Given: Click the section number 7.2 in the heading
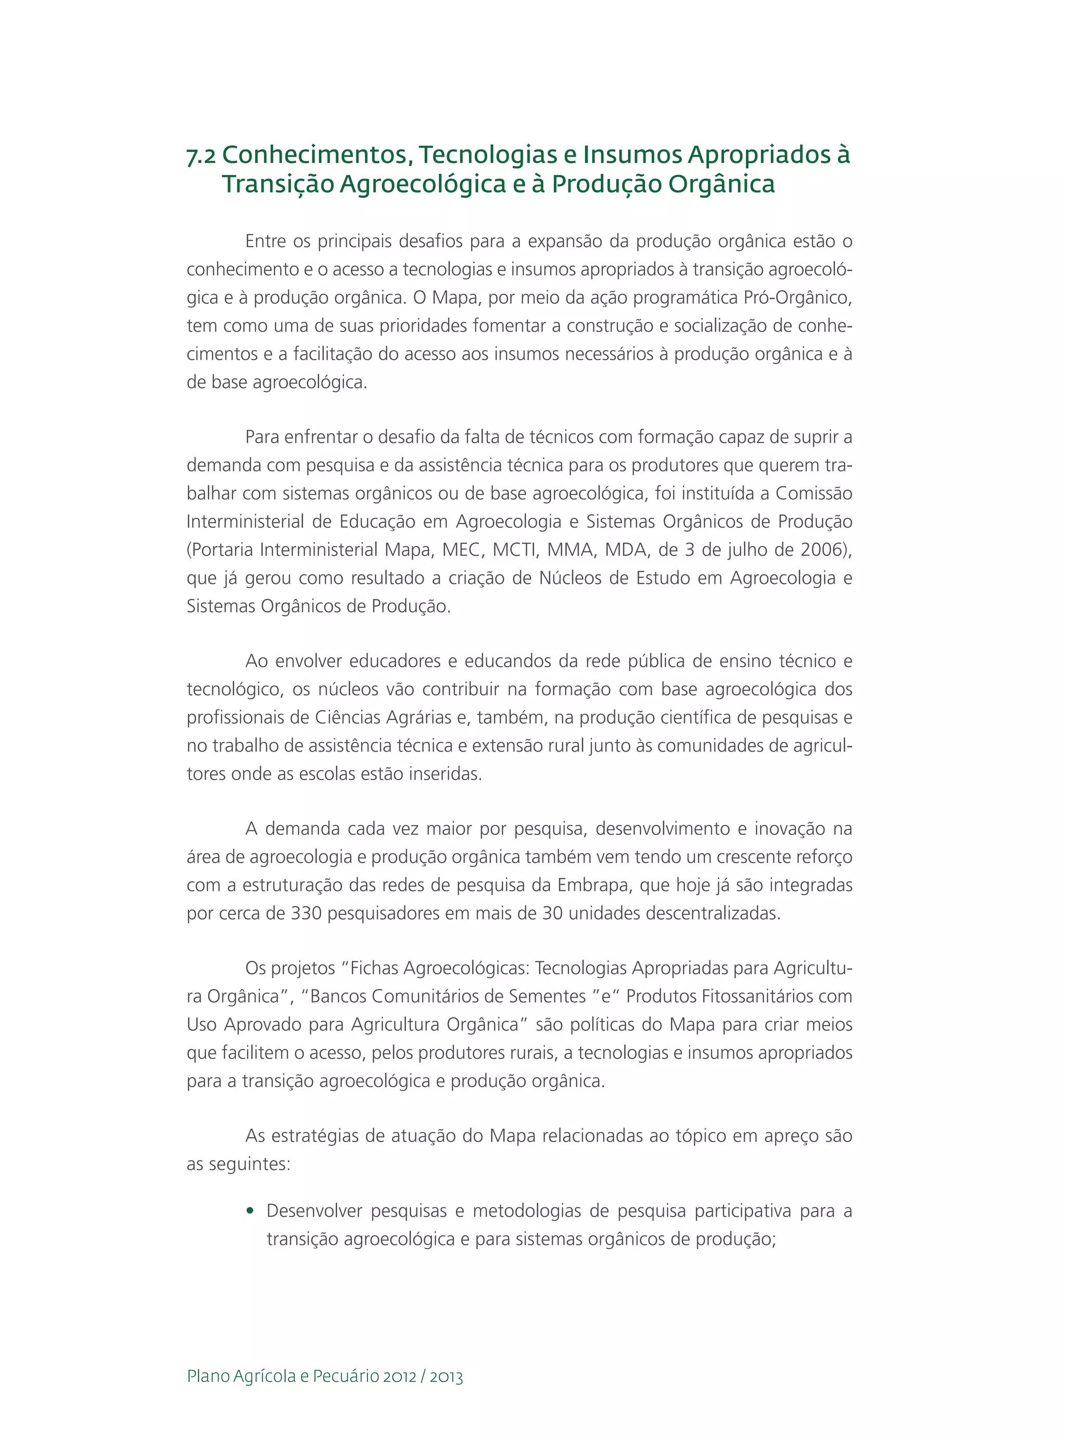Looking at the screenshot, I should point(201,156).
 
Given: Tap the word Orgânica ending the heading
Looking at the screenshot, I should point(721,184).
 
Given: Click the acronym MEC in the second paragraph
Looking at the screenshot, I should point(463,550).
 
